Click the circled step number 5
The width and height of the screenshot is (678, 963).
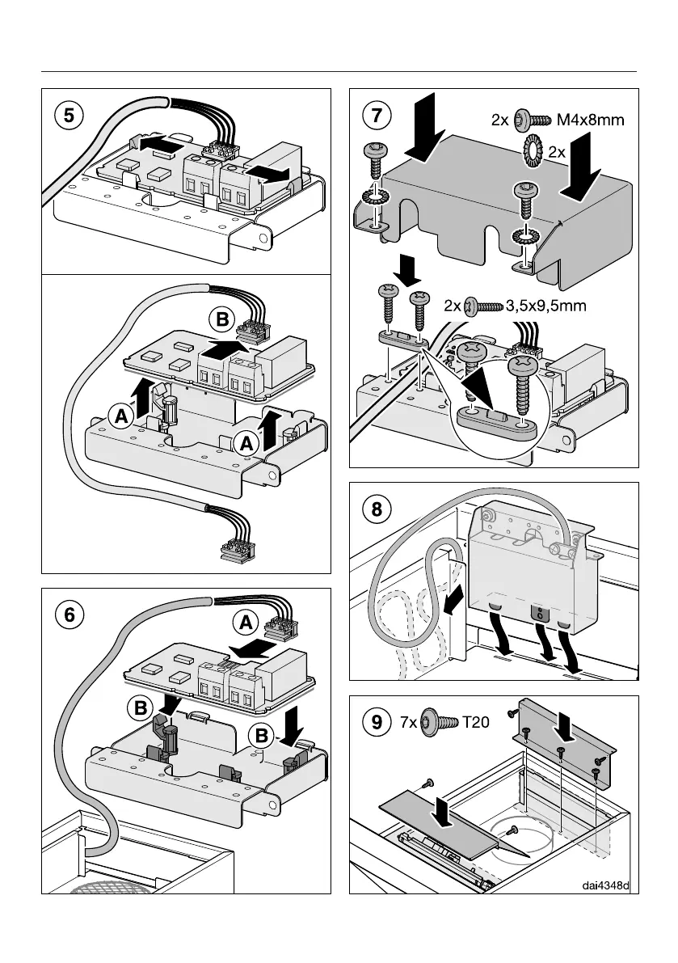pyautogui.click(x=71, y=116)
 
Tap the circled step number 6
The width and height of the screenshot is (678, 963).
pyautogui.click(x=71, y=615)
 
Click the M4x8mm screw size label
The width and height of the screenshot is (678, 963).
pyautogui.click(x=592, y=120)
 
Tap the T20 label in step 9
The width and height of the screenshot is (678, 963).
pyautogui.click(x=477, y=723)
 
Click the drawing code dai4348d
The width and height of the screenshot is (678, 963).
pyautogui.click(x=606, y=885)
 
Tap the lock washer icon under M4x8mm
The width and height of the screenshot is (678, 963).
pyautogui.click(x=534, y=150)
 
